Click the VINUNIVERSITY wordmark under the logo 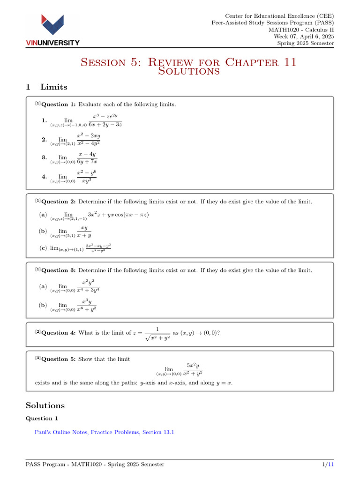click(x=52, y=43)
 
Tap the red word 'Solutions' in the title click(x=189, y=71)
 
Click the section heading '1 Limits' click(x=46, y=87)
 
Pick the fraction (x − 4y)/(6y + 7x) click(x=87, y=158)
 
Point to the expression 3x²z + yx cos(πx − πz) click(x=118, y=215)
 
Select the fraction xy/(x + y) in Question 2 click(x=84, y=232)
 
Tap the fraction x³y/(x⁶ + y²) click(x=87, y=305)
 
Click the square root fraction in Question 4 click(x=157, y=333)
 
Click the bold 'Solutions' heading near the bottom click(x=45, y=405)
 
